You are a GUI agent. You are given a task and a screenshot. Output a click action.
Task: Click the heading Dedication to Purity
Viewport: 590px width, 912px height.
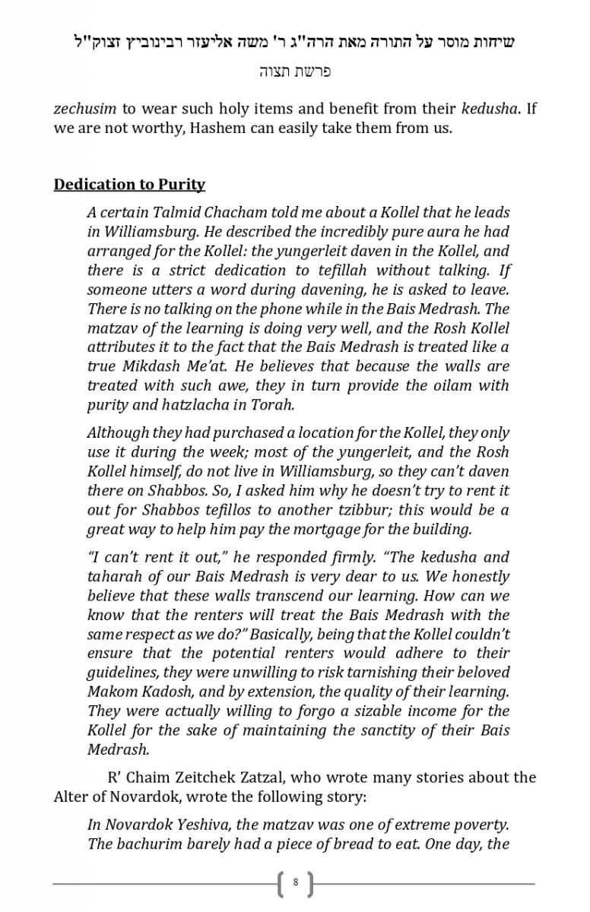point(129,185)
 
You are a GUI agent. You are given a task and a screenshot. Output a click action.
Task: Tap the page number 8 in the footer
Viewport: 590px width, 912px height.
point(295,883)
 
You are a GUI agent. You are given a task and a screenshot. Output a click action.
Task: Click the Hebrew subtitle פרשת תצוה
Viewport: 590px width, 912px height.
point(294,71)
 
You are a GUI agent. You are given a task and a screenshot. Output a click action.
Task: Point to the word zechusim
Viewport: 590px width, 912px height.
point(84,108)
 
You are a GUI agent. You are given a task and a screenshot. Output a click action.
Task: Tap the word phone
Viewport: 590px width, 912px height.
point(271,309)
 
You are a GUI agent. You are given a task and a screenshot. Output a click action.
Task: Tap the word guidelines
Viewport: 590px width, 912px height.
point(124,672)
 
